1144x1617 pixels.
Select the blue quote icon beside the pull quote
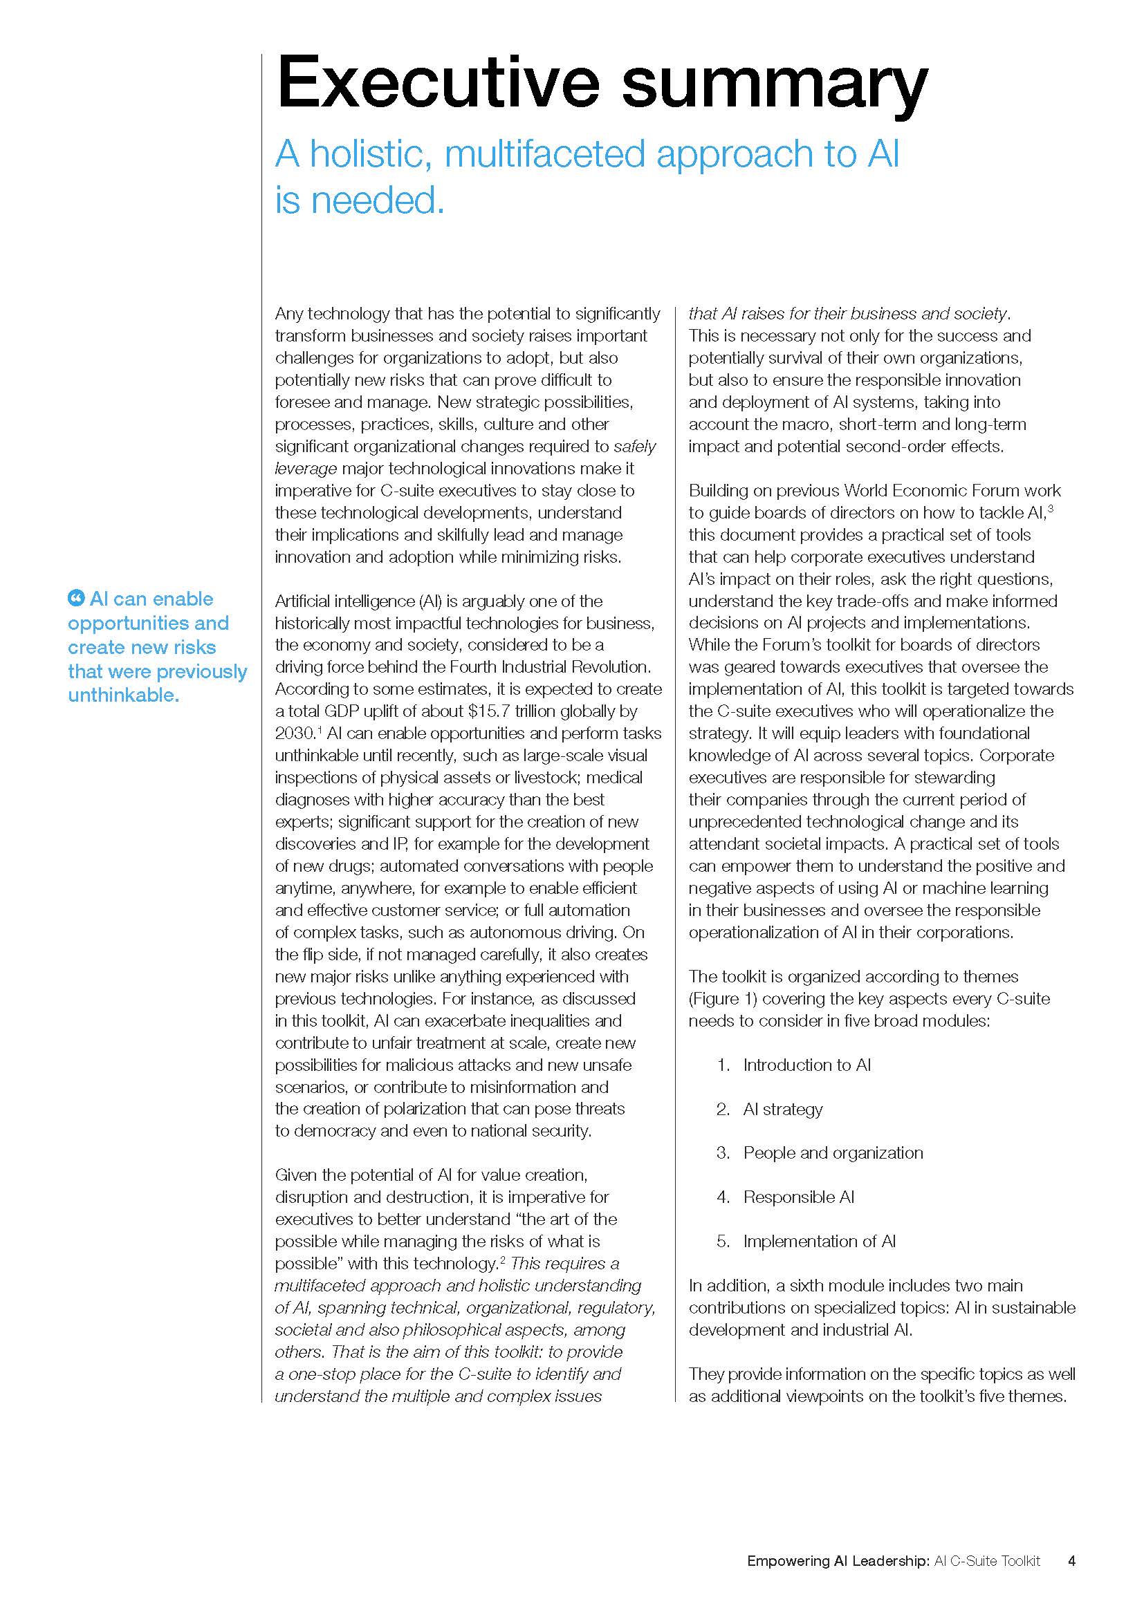coord(75,599)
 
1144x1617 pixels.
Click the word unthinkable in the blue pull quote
coord(123,695)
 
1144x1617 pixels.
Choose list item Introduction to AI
coord(806,1065)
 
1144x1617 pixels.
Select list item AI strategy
coord(783,1109)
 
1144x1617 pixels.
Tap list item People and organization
coord(833,1153)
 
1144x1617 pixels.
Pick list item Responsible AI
coord(798,1197)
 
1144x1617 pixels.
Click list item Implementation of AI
coord(819,1241)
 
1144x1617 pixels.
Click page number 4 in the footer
coord(1071,1541)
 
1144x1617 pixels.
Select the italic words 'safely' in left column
coord(635,447)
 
